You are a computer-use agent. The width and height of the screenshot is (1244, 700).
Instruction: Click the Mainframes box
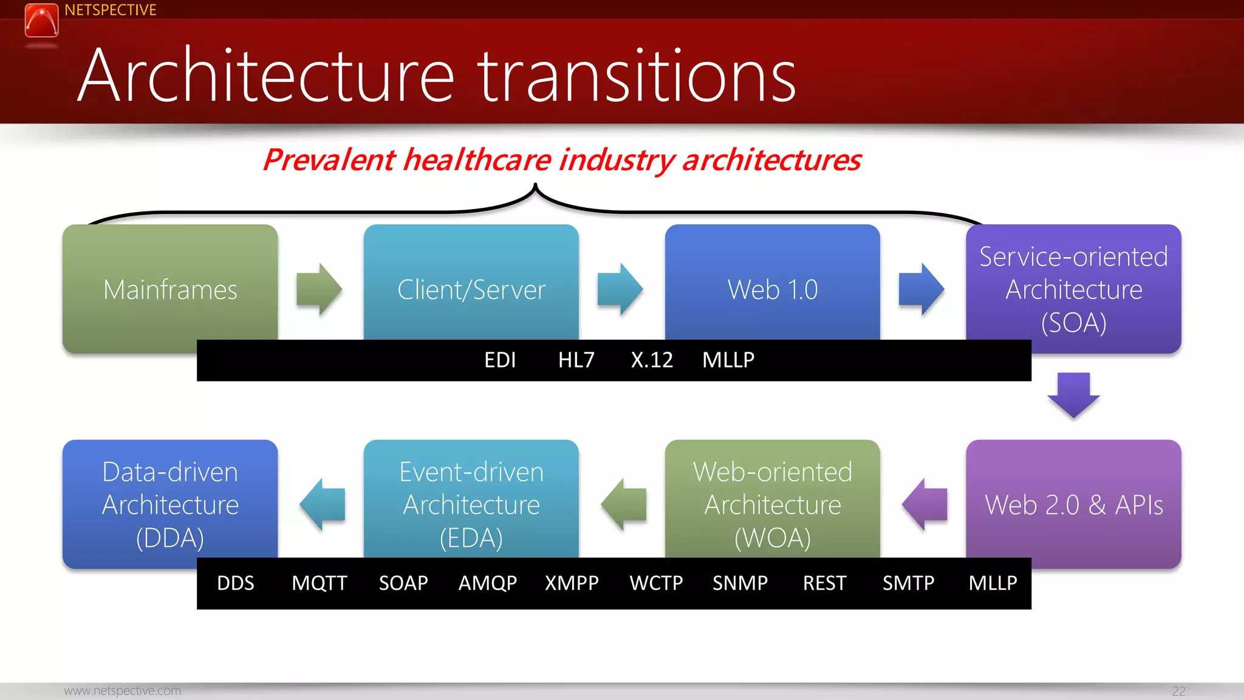click(170, 286)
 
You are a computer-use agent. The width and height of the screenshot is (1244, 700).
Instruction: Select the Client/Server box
click(471, 286)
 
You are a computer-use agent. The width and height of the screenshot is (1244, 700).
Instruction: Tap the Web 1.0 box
click(772, 286)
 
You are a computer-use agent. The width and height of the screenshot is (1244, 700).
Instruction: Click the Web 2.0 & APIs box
click(1073, 504)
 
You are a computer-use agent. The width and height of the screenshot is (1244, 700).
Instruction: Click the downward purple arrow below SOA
click(1073, 395)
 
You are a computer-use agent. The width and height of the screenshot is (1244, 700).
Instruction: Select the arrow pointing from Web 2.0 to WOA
click(924, 504)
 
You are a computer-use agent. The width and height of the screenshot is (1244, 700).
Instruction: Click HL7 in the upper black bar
click(576, 360)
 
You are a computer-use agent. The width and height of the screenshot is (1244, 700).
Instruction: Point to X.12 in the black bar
click(652, 360)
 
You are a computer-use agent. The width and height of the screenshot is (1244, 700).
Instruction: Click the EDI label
click(500, 360)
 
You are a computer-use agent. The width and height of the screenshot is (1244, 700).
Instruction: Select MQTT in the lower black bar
click(319, 583)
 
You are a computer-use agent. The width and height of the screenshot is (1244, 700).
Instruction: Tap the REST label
click(824, 583)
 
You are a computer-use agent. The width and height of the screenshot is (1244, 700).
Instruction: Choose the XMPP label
click(572, 583)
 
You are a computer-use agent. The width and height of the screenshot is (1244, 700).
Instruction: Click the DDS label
click(236, 583)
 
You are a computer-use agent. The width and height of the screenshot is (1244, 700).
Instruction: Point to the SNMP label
click(740, 583)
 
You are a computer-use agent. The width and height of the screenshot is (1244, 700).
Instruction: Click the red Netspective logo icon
click(41, 20)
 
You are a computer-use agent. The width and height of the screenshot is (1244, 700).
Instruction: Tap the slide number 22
click(1178, 691)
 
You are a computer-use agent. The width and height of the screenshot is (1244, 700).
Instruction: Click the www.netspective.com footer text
click(122, 691)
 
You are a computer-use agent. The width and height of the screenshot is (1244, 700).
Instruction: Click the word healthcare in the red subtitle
click(477, 160)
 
